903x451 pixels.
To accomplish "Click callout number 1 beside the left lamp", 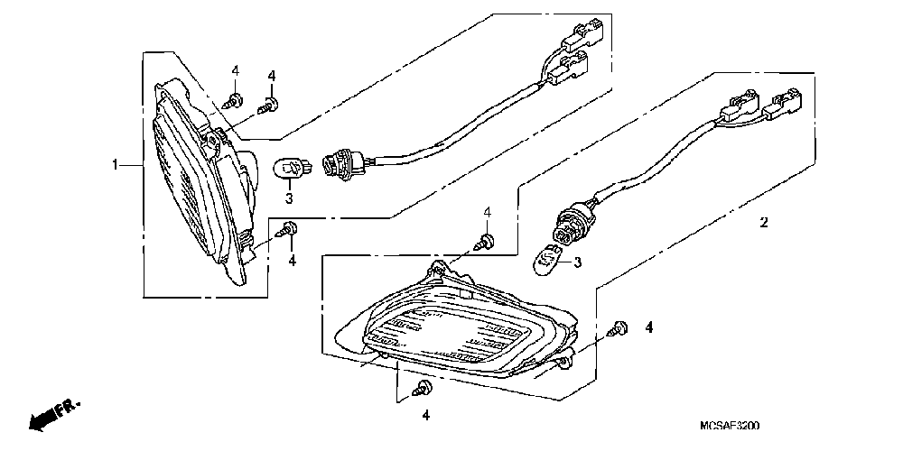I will point(116,164).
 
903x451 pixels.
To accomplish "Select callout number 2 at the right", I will point(763,222).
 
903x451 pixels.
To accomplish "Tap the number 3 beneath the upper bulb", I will point(289,198).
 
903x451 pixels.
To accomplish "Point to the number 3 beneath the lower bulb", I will point(578,262).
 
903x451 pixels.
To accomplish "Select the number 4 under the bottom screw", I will point(425,416).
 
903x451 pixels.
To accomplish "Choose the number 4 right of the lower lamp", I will point(648,327).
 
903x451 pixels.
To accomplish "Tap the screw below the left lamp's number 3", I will point(289,229).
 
